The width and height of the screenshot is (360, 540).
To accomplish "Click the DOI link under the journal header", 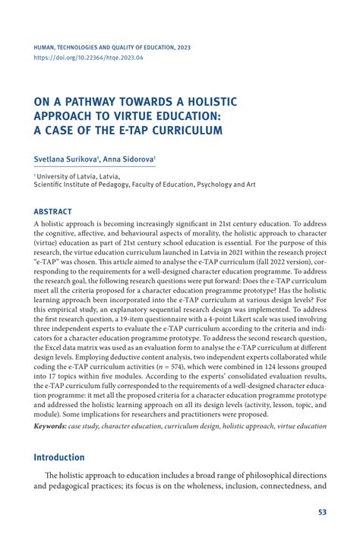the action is (88, 57).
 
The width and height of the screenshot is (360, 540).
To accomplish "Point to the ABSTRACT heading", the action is (53, 212).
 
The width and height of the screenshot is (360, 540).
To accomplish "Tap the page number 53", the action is (322, 513).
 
